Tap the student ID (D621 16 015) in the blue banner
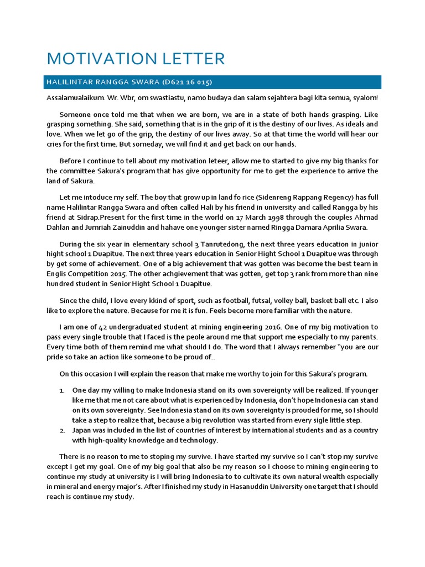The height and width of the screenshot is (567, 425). [186, 83]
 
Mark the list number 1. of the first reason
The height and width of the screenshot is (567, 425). [63, 390]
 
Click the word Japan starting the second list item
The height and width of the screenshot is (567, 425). [82, 430]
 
